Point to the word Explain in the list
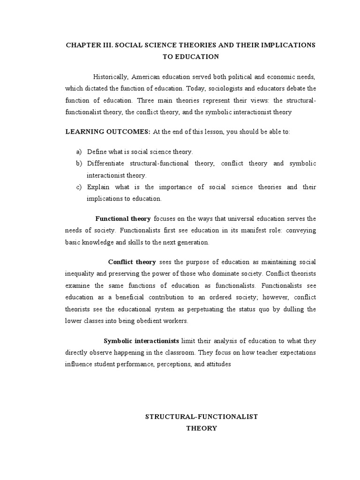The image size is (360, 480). [x=98, y=187]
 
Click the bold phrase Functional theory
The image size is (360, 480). [x=123, y=219]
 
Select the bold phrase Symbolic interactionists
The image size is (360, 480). [x=141, y=341]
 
